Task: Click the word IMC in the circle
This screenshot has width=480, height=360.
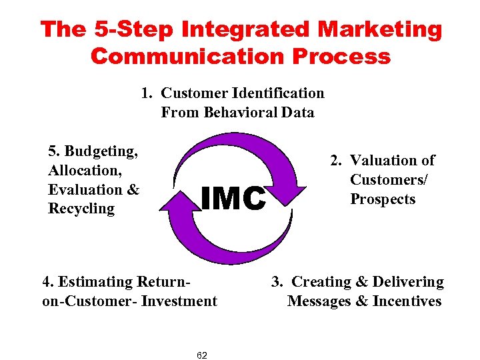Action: tap(233, 197)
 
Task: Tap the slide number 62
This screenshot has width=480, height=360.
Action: tap(202, 355)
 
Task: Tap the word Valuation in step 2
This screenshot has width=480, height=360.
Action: tap(383, 160)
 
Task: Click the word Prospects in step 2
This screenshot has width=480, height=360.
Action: tap(383, 199)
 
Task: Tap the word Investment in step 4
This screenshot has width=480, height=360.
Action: tap(181, 301)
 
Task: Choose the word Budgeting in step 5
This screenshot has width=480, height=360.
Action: tap(101, 151)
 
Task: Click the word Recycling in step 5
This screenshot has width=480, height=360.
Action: tap(81, 209)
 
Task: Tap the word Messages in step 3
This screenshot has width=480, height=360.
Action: tap(319, 301)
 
